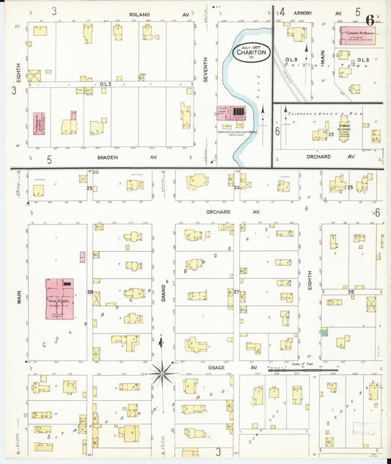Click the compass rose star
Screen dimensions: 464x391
pos(162,374)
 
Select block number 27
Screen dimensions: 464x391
pos(236,292)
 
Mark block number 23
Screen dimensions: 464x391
pos(89,189)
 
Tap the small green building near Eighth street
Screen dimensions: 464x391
pos(324,332)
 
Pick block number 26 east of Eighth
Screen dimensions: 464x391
pos(351,291)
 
